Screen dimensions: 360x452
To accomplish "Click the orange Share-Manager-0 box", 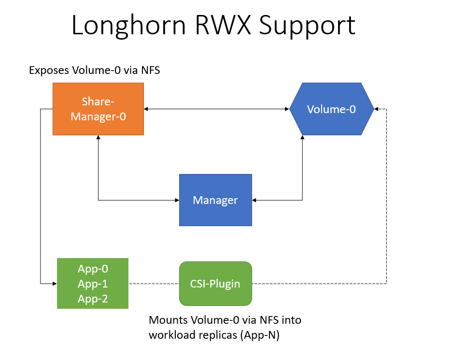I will click(98, 109).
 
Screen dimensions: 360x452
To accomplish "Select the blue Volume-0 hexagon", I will click(331, 109).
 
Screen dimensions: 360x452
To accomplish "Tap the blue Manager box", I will click(215, 200).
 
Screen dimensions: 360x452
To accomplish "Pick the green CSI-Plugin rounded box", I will click(215, 283).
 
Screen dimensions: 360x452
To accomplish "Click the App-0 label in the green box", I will click(93, 269).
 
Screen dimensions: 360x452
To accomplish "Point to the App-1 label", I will click(93, 284).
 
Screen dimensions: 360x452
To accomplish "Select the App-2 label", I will click(93, 299).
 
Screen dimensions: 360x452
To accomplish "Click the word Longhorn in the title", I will click(127, 26).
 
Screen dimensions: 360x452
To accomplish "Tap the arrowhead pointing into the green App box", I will click(54, 283).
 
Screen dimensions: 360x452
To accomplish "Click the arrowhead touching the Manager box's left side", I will click(176, 200).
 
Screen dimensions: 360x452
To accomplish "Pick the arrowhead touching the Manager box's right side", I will click(255, 200).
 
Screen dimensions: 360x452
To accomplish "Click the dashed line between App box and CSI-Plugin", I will click(154, 283).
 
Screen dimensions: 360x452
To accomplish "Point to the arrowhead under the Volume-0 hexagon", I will click(302, 138).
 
